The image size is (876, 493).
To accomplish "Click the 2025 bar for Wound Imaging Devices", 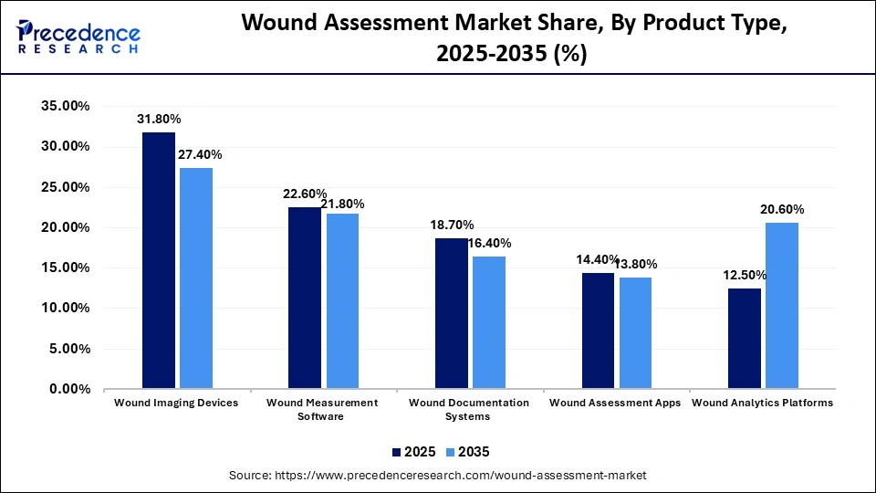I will pyautogui.click(x=159, y=260).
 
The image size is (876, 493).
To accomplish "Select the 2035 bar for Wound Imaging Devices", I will pyautogui.click(x=196, y=278).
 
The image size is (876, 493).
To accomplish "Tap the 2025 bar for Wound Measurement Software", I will pyautogui.click(x=305, y=298).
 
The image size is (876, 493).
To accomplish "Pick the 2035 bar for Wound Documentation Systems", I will pyautogui.click(x=489, y=322).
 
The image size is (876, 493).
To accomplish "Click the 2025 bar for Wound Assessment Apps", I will pyautogui.click(x=598, y=330).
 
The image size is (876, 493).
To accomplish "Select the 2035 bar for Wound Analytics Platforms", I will pyautogui.click(x=782, y=306).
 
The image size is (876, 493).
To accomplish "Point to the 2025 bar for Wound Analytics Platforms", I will pyautogui.click(x=745, y=338).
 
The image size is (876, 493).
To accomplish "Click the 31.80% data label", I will pyautogui.click(x=159, y=119).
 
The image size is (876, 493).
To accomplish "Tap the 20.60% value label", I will pyautogui.click(x=782, y=209).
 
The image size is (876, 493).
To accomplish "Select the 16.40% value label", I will pyautogui.click(x=489, y=243).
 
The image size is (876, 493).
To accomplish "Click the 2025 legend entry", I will pyautogui.click(x=413, y=452).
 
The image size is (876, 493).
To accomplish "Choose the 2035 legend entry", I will pyautogui.click(x=468, y=452).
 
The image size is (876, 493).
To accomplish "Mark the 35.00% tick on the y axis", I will pyautogui.click(x=64, y=106).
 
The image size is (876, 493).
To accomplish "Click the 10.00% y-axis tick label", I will pyautogui.click(x=64, y=308).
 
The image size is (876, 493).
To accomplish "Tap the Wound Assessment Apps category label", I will pyautogui.click(x=615, y=403).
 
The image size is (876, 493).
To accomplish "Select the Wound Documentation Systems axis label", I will pyautogui.click(x=469, y=409).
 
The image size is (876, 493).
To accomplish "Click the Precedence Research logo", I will pyautogui.click(x=78, y=37).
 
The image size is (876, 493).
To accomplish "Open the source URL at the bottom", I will pyautogui.click(x=439, y=475).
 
